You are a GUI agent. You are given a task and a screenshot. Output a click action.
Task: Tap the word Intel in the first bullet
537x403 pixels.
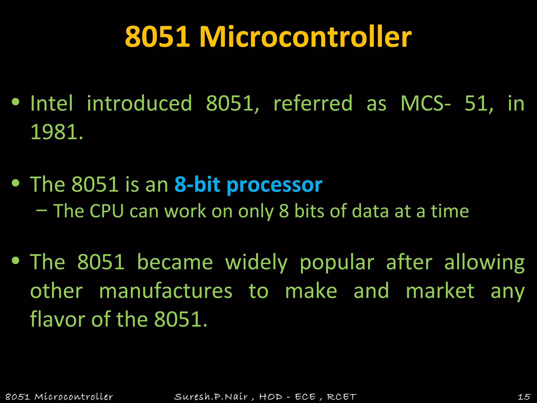pos(52,103)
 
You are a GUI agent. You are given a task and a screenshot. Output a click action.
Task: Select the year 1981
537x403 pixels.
pos(56,132)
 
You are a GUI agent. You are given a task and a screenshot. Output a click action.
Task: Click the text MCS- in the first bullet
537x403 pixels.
pos(426,103)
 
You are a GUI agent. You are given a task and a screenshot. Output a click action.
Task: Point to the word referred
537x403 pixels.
pos(313,103)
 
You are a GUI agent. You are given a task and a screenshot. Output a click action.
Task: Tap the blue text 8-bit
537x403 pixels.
pos(197,184)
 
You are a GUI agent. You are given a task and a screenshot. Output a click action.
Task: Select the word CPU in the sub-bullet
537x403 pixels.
pos(106,211)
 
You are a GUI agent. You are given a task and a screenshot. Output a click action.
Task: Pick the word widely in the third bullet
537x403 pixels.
pos(256,262)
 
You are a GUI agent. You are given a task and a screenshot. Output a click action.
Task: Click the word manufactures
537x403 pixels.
pos(166,291)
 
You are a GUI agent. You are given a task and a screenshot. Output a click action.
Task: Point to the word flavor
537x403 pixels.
pos(57,319)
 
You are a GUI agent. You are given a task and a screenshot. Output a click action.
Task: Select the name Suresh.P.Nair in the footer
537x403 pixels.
pos(211,397)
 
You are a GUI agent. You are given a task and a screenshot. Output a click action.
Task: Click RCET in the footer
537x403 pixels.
pos(342,397)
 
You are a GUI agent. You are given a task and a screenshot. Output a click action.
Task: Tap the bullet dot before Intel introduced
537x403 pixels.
pos(16,102)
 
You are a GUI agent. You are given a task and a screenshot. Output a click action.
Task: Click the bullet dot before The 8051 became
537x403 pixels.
pos(16,261)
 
